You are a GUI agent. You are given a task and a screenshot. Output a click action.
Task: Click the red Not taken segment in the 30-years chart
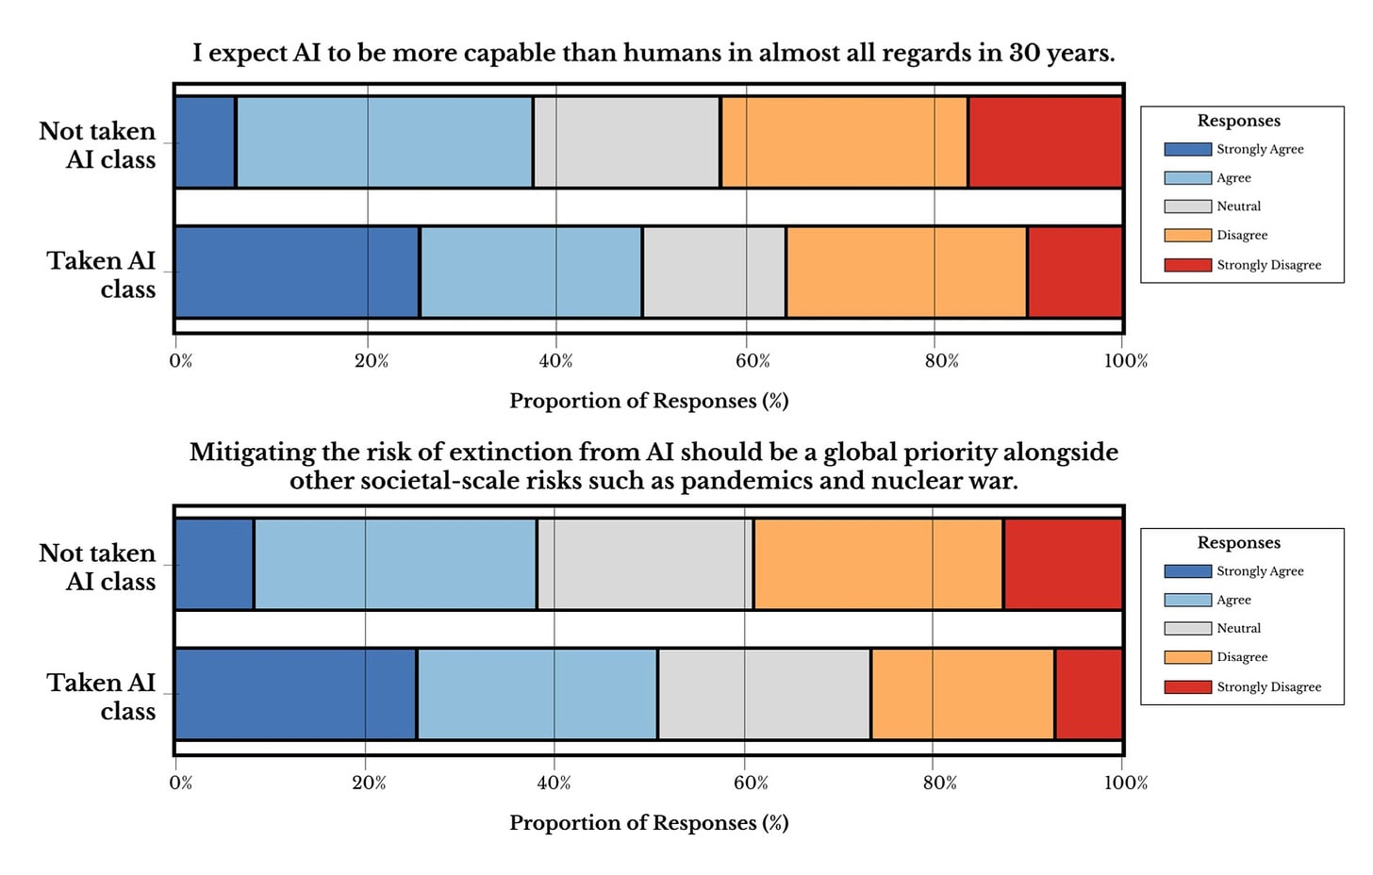click(1045, 142)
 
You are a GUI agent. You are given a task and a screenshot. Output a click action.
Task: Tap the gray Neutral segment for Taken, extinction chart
click(764, 694)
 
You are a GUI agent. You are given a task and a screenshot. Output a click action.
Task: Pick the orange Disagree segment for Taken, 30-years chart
click(906, 272)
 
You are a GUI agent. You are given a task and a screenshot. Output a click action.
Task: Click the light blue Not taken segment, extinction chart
click(395, 564)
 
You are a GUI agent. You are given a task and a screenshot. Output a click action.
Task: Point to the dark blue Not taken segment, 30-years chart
click(206, 142)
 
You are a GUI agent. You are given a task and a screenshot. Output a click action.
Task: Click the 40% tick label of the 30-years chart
click(555, 361)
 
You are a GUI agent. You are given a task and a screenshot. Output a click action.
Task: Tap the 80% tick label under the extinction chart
click(940, 783)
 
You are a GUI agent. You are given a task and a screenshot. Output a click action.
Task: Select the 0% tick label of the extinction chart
click(181, 783)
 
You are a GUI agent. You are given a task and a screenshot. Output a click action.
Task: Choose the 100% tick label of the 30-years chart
click(1126, 361)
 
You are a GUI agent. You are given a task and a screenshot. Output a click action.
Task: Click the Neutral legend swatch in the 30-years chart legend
click(1187, 206)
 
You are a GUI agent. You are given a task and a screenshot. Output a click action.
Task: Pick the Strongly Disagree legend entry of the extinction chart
click(1268, 686)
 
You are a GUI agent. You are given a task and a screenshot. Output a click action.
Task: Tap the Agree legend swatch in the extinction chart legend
click(1187, 600)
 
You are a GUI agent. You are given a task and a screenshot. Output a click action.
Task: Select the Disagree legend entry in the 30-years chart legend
click(1242, 235)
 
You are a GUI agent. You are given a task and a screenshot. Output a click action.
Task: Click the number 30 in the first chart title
click(1024, 53)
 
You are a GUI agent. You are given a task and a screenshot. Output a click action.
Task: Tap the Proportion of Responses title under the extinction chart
click(649, 822)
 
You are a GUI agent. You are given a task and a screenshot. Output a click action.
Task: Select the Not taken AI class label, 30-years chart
click(97, 145)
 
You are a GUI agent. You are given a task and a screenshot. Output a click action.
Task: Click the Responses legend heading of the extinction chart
click(1238, 542)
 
